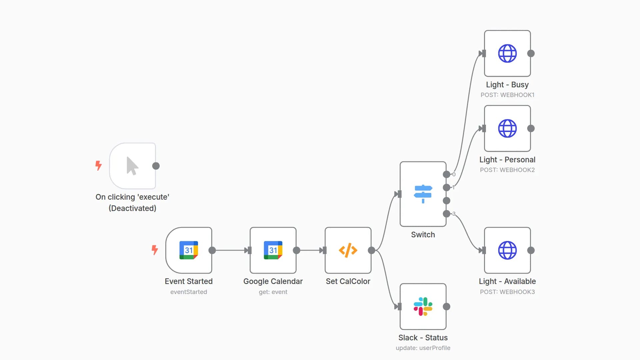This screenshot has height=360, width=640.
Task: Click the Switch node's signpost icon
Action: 423,194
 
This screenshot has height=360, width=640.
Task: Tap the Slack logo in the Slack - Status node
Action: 423,306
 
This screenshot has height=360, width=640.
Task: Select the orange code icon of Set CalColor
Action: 348,250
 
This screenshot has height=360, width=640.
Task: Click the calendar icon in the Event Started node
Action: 189,250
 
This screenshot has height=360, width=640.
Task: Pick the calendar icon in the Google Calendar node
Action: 273,250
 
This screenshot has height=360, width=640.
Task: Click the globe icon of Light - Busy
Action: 507,53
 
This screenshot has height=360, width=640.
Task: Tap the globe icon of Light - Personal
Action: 507,128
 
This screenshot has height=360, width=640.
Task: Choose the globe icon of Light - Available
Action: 507,250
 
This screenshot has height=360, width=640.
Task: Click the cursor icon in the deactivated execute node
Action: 132,166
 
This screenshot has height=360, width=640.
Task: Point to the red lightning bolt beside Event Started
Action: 155,250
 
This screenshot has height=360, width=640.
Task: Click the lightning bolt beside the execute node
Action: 98,165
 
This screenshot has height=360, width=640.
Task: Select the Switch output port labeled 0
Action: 446,174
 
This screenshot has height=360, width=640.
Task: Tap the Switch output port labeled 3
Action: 446,214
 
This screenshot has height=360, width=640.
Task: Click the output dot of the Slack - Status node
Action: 447,307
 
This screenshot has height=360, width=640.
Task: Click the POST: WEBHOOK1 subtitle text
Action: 507,95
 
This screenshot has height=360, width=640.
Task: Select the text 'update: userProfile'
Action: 423,348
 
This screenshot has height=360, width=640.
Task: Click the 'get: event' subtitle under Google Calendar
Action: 273,292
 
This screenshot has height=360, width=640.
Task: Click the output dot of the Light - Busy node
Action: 531,53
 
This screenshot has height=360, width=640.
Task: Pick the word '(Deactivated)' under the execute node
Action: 132,208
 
